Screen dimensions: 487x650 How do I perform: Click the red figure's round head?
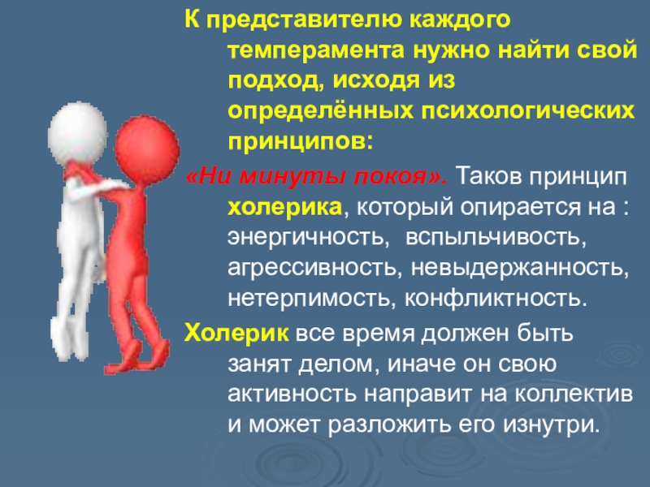tap(147, 145)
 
